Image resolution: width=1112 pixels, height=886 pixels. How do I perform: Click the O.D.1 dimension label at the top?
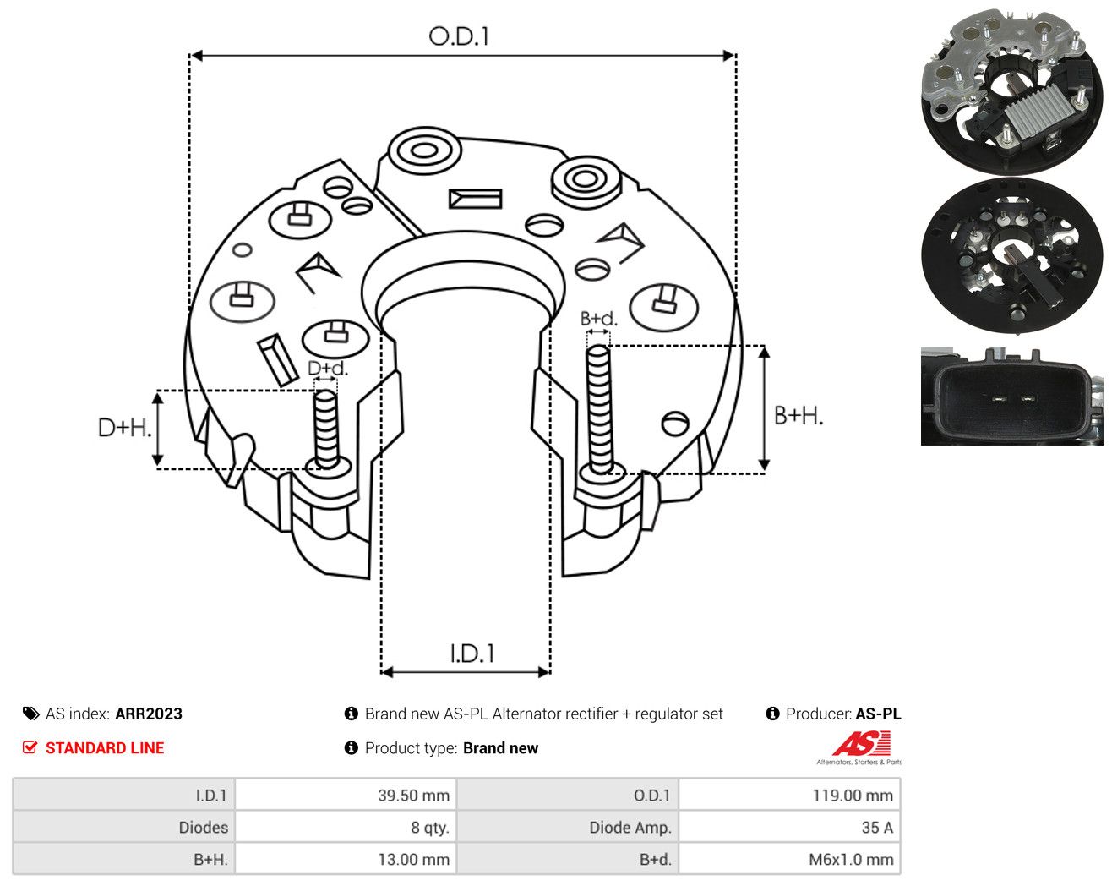point(458,36)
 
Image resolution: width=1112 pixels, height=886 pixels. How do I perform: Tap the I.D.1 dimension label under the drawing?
point(472,654)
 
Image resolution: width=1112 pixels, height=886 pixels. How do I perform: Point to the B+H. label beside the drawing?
point(799,416)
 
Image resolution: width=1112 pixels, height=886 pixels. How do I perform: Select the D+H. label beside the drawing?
point(124,428)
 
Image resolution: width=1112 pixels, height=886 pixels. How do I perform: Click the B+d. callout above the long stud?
point(599,319)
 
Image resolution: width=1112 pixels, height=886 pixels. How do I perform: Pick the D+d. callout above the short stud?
point(328,368)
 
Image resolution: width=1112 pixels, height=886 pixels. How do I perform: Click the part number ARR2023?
point(149,714)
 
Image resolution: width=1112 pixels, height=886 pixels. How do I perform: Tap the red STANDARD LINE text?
point(105,748)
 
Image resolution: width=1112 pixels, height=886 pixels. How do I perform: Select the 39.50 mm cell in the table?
point(413,796)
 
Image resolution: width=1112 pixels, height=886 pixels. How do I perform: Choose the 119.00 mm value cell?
point(853,796)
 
